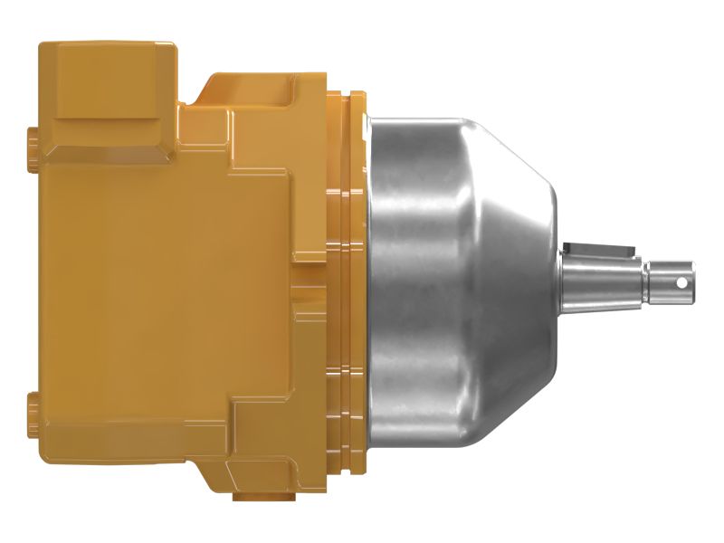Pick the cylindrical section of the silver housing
425,271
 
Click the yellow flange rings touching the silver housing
348,271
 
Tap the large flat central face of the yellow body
163,271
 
